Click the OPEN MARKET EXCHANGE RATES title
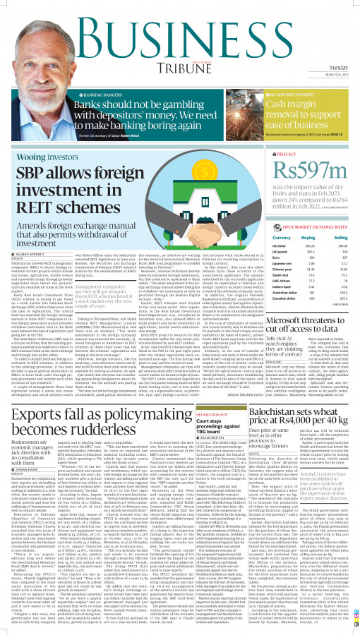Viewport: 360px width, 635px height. click(x=299, y=228)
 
